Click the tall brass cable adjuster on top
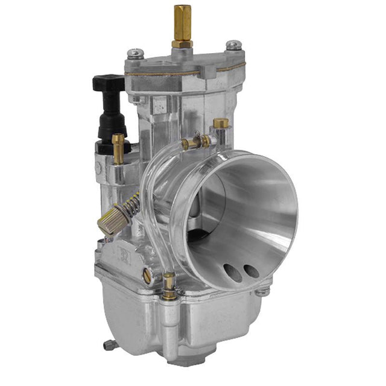[x=181, y=21]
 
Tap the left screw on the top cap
[x=137, y=53]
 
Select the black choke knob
[x=109, y=84]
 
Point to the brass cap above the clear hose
[x=221, y=124]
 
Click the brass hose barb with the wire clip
[x=195, y=142]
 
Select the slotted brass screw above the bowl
[x=148, y=275]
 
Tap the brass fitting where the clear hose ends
[x=169, y=286]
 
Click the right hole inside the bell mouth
[x=251, y=271]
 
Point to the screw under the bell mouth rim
[x=262, y=292]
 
